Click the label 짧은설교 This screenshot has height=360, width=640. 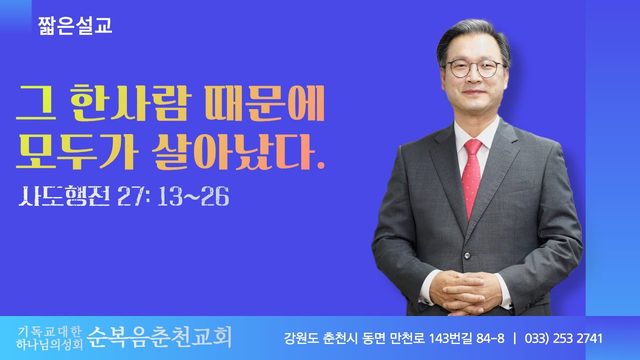click(x=75, y=26)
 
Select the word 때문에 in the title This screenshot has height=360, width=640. click(x=265, y=102)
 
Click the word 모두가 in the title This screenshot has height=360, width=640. click(x=76, y=151)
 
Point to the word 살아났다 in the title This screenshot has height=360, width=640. click(x=238, y=151)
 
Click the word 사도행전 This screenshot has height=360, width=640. click(x=64, y=197)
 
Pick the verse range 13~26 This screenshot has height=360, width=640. click(x=193, y=197)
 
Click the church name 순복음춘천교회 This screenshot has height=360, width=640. click(x=160, y=338)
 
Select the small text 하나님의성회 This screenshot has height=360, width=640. click(x=49, y=345)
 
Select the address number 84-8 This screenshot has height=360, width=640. click(x=490, y=338)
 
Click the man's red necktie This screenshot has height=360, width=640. click(x=472, y=176)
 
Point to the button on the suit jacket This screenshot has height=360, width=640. click(x=467, y=256)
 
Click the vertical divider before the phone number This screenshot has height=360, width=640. click(x=514, y=338)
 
